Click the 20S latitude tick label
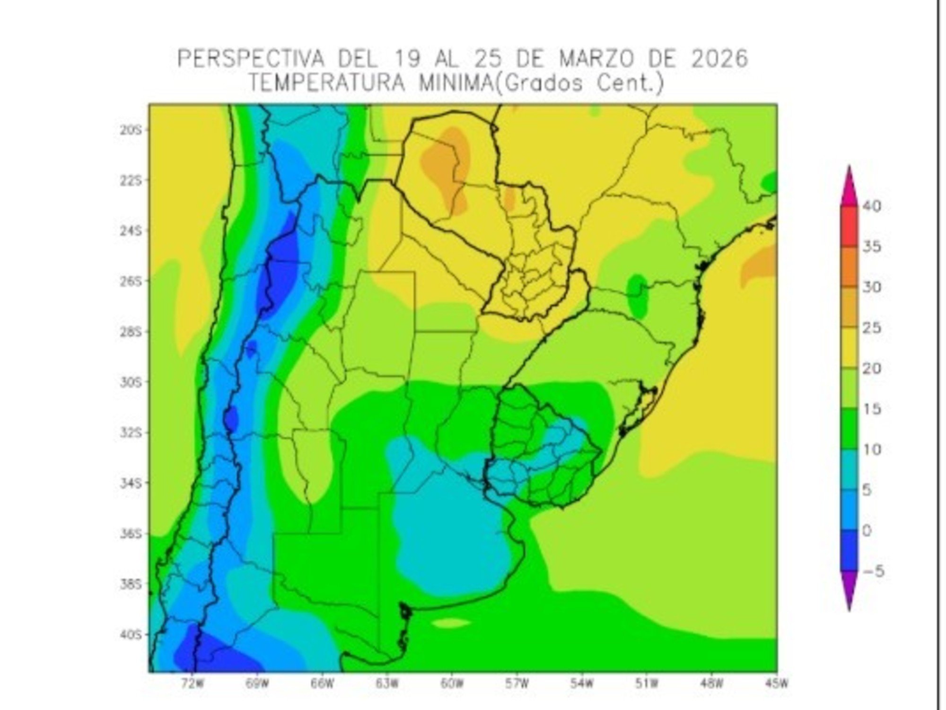[131, 130]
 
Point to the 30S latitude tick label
[131, 382]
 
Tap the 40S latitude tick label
[131, 634]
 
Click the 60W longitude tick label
[452, 684]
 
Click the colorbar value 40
[871, 206]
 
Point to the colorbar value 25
[871, 328]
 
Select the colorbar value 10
[871, 449]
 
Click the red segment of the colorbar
[850, 226]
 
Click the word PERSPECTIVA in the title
[251, 60]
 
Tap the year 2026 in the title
[719, 60]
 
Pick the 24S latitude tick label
[131, 231]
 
